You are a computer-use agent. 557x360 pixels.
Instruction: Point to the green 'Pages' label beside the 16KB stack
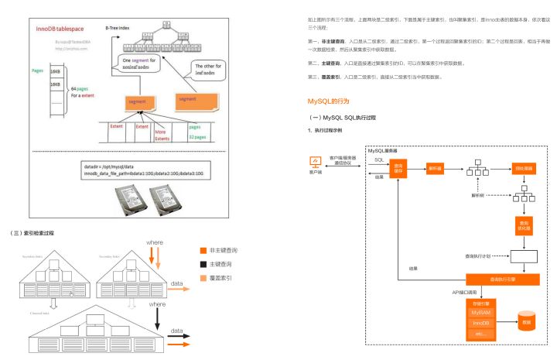click(36, 69)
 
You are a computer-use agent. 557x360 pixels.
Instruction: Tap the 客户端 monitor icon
click(315, 162)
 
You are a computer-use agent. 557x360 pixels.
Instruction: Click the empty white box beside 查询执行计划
click(524, 255)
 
